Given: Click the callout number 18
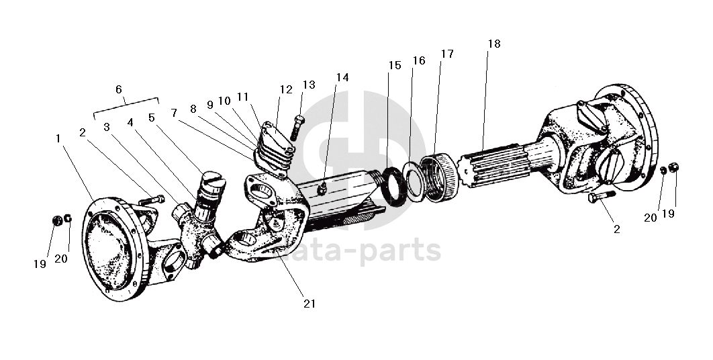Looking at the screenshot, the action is coord(494,44).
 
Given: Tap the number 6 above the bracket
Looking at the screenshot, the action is coord(119,89).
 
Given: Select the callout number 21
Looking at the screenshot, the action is coord(310,304).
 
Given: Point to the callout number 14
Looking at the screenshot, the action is coord(342,77).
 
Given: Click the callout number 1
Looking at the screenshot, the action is coord(58,138).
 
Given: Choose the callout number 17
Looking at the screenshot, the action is coord(447,54).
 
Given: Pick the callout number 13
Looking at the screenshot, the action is coord(309,85).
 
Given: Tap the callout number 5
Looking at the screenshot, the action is coord(152,118).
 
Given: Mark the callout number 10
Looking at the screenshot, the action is coord(224,101).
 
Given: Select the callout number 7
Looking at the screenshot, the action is coord(174,112).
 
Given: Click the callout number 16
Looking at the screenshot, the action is coord(419,60).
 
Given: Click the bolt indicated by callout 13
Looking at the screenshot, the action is coord(297,127).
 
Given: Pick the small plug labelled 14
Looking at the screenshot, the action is coord(322,188).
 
